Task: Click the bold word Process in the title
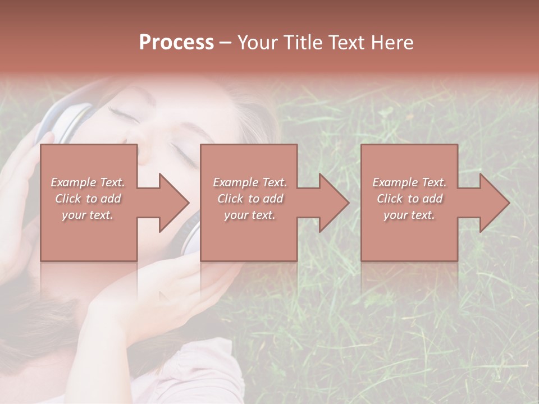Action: tap(176, 43)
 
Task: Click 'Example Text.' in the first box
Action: tap(88, 182)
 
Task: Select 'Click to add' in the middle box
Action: tap(250, 199)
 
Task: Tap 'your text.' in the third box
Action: tap(409, 215)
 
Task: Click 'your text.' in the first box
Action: tap(88, 215)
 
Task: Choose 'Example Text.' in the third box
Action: tap(409, 182)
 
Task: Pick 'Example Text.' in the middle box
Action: tap(250, 182)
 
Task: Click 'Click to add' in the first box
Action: tap(88, 199)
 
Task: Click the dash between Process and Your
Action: tap(225, 43)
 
